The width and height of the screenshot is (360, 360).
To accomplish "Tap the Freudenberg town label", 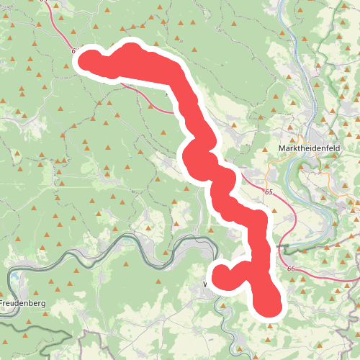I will [x=22, y=303].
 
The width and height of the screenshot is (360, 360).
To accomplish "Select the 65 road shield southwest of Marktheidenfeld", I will [x=269, y=192].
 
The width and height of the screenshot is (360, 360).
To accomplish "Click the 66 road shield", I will [x=292, y=269].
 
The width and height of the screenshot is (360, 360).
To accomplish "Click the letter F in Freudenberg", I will [x=2, y=303].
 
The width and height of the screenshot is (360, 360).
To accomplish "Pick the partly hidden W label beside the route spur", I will [x=207, y=284].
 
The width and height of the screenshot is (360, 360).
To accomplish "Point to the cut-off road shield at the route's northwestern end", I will [x=75, y=51].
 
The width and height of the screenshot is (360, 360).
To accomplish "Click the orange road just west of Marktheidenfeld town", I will [x=269, y=168].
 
